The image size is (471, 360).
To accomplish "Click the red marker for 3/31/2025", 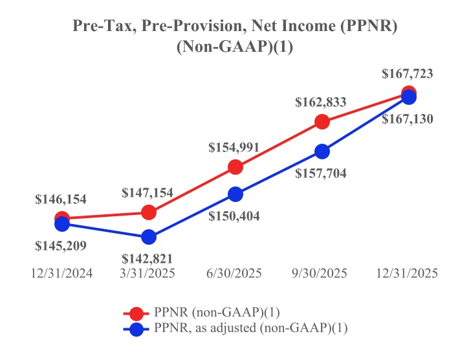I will point(149,212).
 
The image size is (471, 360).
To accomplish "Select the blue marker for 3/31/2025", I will point(149,237).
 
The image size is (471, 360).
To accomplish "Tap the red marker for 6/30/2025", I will point(235,167).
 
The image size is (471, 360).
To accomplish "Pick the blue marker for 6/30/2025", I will point(235,194).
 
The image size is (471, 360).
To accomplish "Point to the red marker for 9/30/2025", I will point(322,121).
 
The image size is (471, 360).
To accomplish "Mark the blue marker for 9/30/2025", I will point(322,152).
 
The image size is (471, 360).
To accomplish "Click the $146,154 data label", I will point(61,199).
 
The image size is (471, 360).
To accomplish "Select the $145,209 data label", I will point(61,245).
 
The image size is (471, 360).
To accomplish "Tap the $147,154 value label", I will point(148,192).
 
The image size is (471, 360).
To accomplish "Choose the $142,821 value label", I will point(148,258).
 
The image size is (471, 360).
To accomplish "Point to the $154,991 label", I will point(234,147).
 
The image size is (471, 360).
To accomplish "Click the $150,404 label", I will point(234,216).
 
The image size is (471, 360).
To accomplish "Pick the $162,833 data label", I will point(321,102).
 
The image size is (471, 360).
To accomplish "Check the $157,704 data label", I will point(321,173).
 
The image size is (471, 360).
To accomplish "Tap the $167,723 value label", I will point(408,74).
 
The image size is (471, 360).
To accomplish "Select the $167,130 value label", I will point(408,119).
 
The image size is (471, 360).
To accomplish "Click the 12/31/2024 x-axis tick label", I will point(61,273).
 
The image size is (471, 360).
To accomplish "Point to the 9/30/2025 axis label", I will point(322,273).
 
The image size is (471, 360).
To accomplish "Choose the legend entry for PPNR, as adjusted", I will point(251,329).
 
